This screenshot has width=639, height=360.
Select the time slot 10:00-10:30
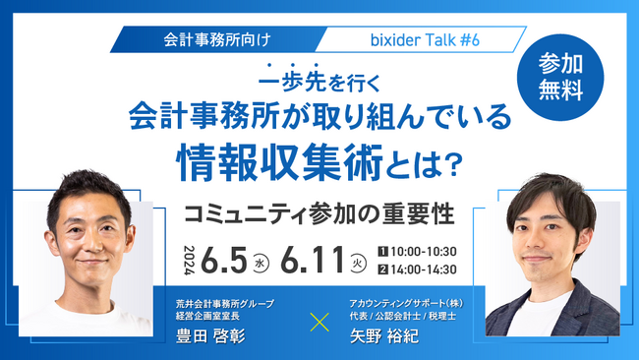click(424, 252)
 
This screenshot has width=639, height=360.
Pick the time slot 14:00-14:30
click(424, 271)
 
